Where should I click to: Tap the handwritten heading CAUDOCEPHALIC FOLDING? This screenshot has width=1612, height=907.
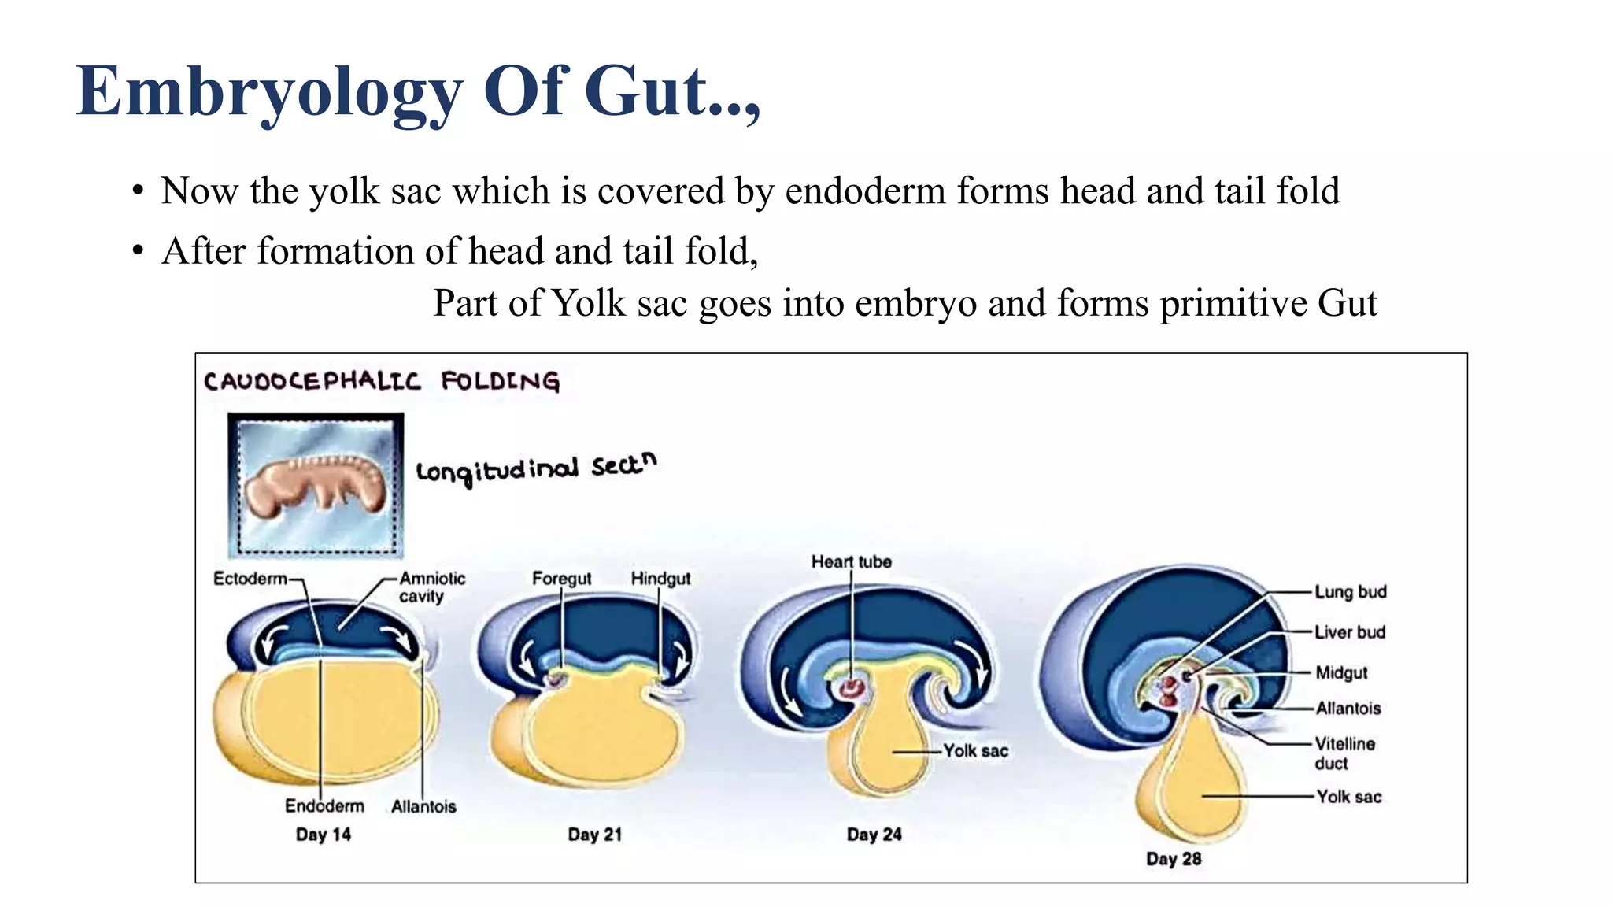click(x=382, y=382)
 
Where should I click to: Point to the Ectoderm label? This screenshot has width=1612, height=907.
click(x=250, y=579)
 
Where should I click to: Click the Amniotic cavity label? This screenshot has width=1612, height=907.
click(x=431, y=587)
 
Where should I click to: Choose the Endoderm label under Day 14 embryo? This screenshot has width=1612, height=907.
click(x=324, y=806)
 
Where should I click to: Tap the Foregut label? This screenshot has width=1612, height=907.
click(x=561, y=579)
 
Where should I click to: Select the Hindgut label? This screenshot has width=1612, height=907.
click(x=660, y=579)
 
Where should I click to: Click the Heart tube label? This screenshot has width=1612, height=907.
click(x=851, y=562)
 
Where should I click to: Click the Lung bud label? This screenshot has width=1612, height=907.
click(x=1350, y=592)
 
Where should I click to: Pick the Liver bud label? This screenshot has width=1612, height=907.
click(x=1349, y=632)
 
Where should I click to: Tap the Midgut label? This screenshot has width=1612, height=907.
click(x=1341, y=673)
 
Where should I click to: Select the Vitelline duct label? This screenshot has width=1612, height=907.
click(x=1344, y=753)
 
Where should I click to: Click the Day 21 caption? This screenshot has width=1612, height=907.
click(x=594, y=835)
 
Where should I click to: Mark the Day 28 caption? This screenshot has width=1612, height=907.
click(x=1173, y=859)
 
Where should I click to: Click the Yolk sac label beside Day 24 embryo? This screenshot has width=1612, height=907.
click(x=975, y=751)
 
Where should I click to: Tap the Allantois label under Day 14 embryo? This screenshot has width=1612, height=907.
click(x=423, y=807)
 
